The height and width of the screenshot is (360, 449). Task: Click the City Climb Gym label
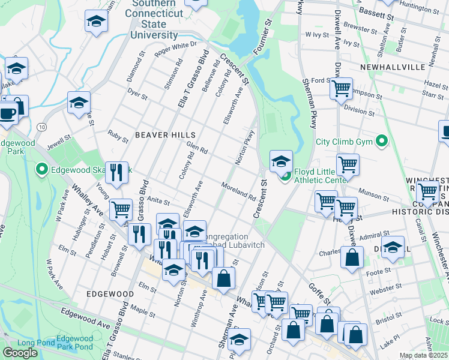coord(344,142)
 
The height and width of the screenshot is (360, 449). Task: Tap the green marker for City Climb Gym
coord(381,142)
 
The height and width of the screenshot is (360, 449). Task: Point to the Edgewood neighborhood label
coord(109,294)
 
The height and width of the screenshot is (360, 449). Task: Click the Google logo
coord(20,352)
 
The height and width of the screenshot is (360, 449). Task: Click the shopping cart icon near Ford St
coord(341,89)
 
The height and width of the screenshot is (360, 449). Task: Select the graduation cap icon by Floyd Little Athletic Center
coord(281,160)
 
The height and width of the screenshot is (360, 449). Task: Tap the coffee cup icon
coord(7,113)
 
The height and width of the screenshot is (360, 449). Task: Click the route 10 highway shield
coord(41,127)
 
